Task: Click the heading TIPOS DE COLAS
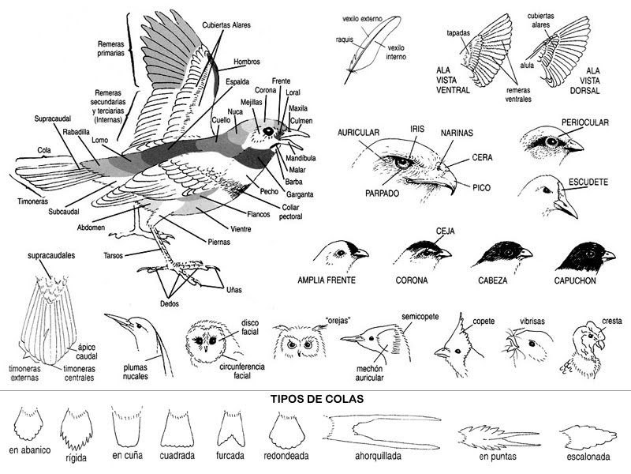tap(316, 399)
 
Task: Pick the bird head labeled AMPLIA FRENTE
tap(339, 254)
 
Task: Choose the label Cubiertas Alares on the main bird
tap(226, 25)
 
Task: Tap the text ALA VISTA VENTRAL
tap(454, 80)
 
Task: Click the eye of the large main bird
tap(267, 130)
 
